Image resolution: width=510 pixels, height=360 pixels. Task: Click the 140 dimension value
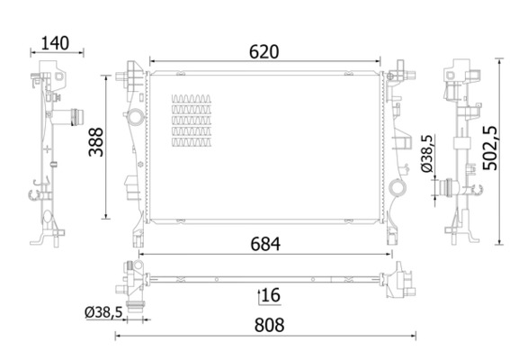(55, 43)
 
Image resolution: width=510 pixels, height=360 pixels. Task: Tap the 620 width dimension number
(264, 52)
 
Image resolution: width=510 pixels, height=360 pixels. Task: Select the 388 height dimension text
(96, 142)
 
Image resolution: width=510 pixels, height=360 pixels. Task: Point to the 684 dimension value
(265, 244)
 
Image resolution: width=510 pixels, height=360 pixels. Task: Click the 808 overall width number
(269, 325)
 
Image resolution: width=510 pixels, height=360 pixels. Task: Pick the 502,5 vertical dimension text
(490, 148)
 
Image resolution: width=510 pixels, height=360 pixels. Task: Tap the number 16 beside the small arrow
(271, 295)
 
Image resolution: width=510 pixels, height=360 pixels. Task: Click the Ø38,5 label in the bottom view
(103, 312)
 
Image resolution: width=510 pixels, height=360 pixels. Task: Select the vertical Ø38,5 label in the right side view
(427, 153)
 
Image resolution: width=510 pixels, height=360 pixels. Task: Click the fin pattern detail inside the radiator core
(192, 121)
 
